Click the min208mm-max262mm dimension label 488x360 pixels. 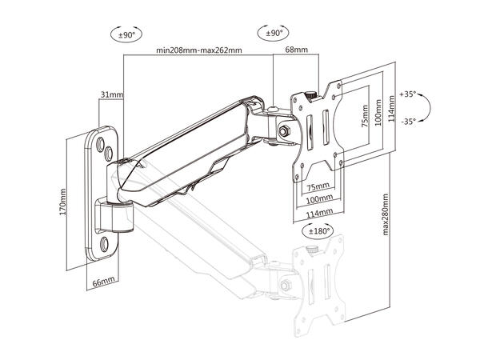click(199, 50)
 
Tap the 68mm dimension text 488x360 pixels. click(296, 50)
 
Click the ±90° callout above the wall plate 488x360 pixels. click(125, 35)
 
